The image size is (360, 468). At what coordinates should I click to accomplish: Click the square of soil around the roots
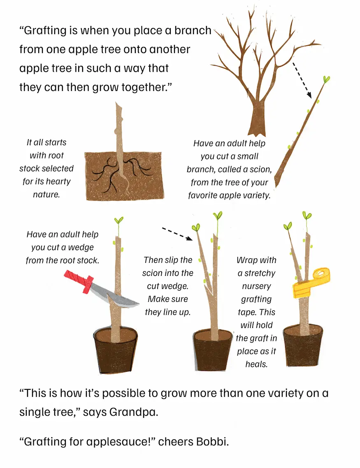[x=125, y=176]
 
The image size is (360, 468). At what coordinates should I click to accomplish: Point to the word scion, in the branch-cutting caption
[x=260, y=169]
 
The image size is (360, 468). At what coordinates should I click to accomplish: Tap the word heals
[x=256, y=364]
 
